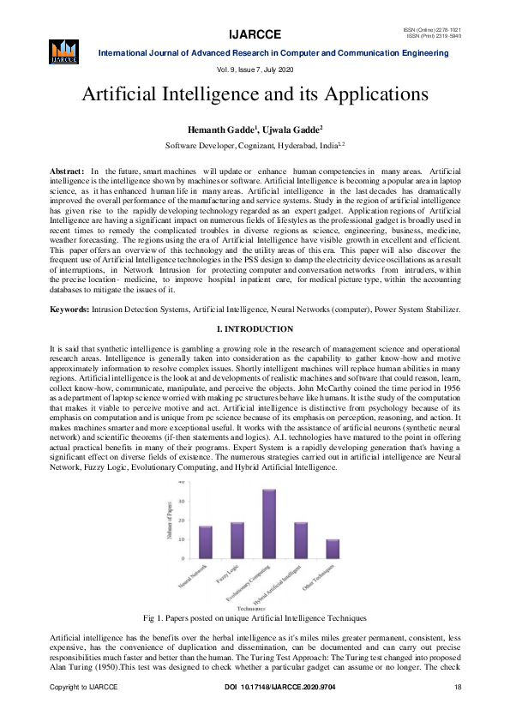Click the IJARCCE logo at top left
click(x=64, y=51)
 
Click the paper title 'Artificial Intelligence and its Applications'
click(x=255, y=93)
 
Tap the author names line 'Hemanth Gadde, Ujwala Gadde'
click(x=255, y=129)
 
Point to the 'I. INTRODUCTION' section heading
click(x=255, y=329)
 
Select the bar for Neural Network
click(x=206, y=542)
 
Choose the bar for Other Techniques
click(x=332, y=549)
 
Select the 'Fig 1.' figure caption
click(x=255, y=617)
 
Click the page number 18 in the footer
click(x=458, y=712)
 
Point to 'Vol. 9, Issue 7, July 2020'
click(x=254, y=68)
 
